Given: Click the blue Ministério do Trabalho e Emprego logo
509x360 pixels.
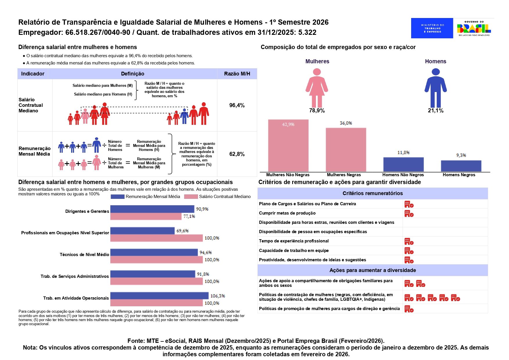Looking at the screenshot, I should [432, 28].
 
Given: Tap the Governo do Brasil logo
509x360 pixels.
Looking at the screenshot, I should [474, 28].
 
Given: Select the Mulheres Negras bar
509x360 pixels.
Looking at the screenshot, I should [346, 150].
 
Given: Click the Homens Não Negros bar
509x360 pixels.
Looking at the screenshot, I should [403, 164].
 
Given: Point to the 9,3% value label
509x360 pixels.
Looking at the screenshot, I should [461, 155].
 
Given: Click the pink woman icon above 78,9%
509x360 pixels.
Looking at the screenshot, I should [317, 88].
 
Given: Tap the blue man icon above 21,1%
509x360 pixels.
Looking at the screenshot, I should [436, 88].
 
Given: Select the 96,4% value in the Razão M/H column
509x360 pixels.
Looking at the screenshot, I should [237, 105].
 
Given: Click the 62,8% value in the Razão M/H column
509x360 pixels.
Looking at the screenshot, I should [237, 154].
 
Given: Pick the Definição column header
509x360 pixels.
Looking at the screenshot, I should [132, 74].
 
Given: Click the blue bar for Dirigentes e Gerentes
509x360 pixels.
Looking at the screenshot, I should [152, 209].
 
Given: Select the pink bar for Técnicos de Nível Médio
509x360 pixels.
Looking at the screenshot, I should [156, 260].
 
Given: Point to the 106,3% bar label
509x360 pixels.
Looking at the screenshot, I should [218, 296].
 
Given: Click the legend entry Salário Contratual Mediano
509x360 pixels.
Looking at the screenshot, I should [225, 197].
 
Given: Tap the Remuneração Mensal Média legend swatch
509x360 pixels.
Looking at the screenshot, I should [118, 197].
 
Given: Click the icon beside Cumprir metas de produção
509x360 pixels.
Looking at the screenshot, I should [409, 214].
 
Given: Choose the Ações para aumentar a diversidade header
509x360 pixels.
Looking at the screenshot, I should [373, 270].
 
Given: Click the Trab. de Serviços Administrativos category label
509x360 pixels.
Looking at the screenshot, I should [75, 276].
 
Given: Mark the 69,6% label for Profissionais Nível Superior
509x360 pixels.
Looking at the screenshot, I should [183, 231].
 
